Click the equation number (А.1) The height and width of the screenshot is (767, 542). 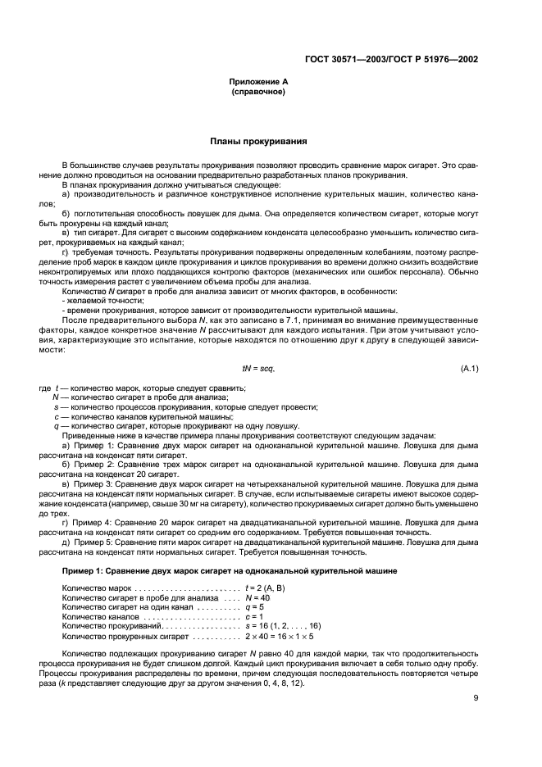[x=470, y=369]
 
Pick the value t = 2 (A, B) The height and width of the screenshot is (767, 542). [x=267, y=588]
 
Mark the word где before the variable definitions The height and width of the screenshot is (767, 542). [x=44, y=388]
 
